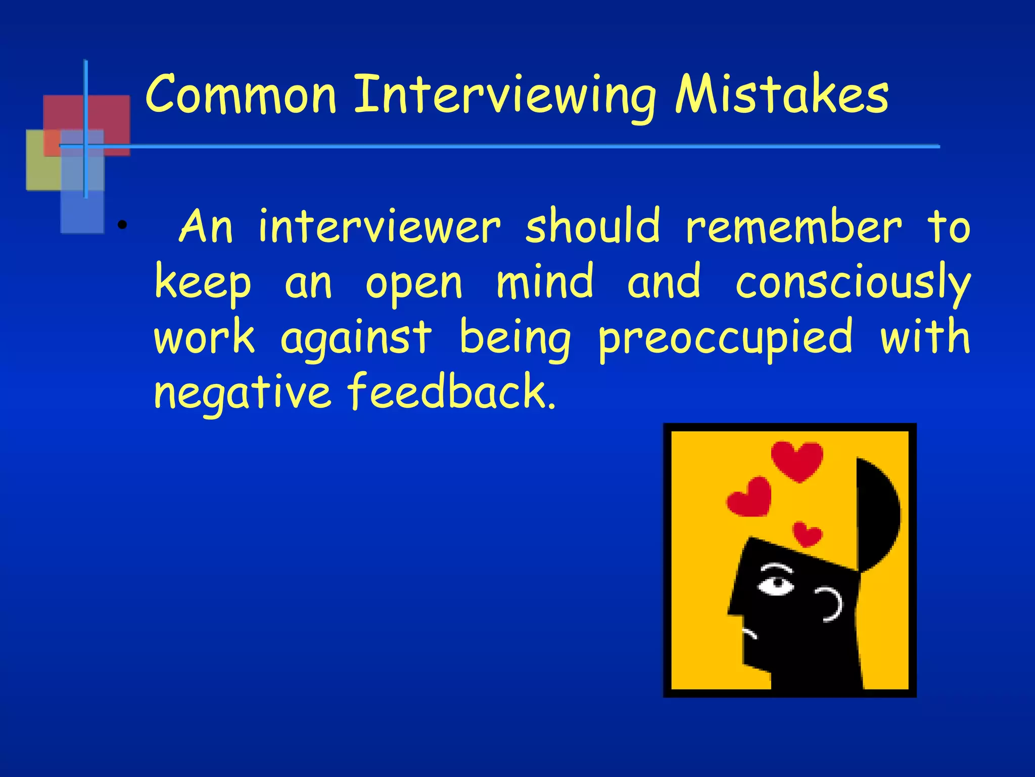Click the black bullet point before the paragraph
coord(121,225)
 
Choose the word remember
coord(793,227)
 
